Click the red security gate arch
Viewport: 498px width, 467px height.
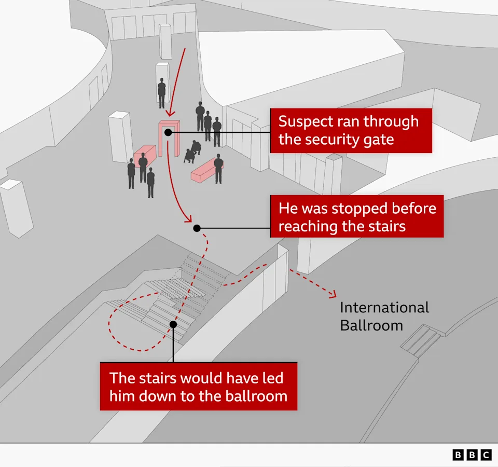click(169, 138)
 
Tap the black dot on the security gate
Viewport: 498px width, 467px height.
click(168, 132)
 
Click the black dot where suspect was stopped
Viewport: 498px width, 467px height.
click(197, 228)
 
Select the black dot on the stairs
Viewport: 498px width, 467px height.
click(173, 324)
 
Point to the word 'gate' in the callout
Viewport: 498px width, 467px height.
click(379, 140)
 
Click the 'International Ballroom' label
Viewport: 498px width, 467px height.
click(384, 317)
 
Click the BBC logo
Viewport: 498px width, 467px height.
click(472, 455)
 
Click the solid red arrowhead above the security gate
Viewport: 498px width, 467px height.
click(171, 113)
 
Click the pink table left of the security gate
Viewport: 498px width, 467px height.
click(145, 156)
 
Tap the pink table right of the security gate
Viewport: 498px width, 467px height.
click(207, 171)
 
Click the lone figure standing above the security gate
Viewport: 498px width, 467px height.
click(162, 93)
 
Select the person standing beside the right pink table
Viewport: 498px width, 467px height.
click(218, 169)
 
